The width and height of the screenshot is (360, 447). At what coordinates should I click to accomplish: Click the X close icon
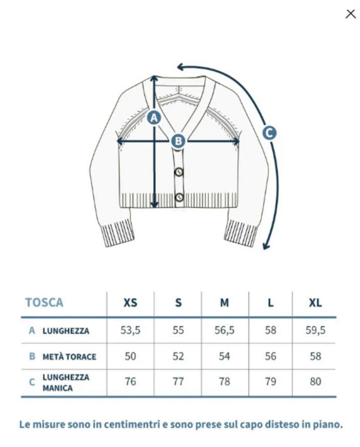(x=350, y=14)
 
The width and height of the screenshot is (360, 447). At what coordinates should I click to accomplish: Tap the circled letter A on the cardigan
(x=154, y=117)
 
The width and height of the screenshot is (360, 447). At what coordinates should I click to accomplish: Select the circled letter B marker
(x=178, y=141)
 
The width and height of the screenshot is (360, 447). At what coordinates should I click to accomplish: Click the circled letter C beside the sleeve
(x=269, y=133)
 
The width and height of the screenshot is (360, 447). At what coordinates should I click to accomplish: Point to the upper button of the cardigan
(x=179, y=172)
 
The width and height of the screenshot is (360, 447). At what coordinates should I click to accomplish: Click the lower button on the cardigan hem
(x=179, y=198)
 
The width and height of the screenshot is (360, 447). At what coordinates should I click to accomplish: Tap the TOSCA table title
(x=44, y=302)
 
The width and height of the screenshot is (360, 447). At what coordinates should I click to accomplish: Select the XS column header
(x=130, y=302)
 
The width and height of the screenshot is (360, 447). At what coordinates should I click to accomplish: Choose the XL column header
(x=315, y=302)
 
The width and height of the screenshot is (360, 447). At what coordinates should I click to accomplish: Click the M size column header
(x=225, y=302)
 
